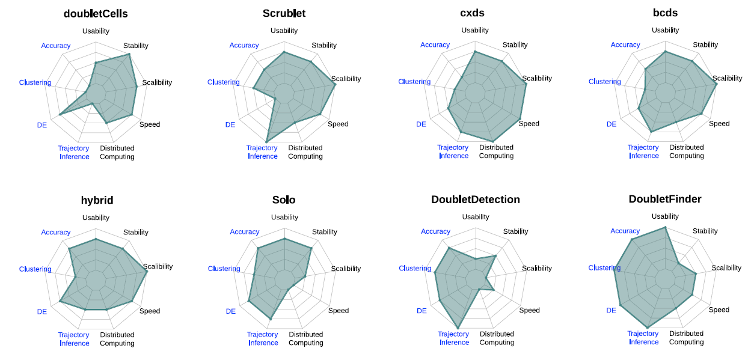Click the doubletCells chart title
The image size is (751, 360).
[96, 13]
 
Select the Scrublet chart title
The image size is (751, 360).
[284, 13]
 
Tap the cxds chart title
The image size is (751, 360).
[475, 13]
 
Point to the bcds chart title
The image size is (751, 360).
[665, 13]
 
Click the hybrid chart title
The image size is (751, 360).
[97, 200]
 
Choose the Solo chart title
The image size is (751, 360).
[284, 200]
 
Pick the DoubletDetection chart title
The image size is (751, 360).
[476, 200]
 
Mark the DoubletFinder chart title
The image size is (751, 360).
[665, 199]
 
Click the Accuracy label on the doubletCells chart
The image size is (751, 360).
[56, 46]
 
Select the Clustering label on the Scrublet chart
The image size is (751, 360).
[224, 82]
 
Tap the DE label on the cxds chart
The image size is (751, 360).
[421, 124]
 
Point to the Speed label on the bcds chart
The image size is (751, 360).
[719, 124]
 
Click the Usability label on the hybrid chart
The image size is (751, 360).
[96, 218]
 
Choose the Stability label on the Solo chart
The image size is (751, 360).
[325, 232]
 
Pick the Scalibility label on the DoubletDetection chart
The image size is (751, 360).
[537, 269]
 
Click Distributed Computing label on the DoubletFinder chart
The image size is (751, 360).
[687, 338]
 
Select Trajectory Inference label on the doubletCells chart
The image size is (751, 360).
[74, 153]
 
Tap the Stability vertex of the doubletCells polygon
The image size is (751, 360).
[129, 55]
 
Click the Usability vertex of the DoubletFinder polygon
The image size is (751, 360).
[665, 227]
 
